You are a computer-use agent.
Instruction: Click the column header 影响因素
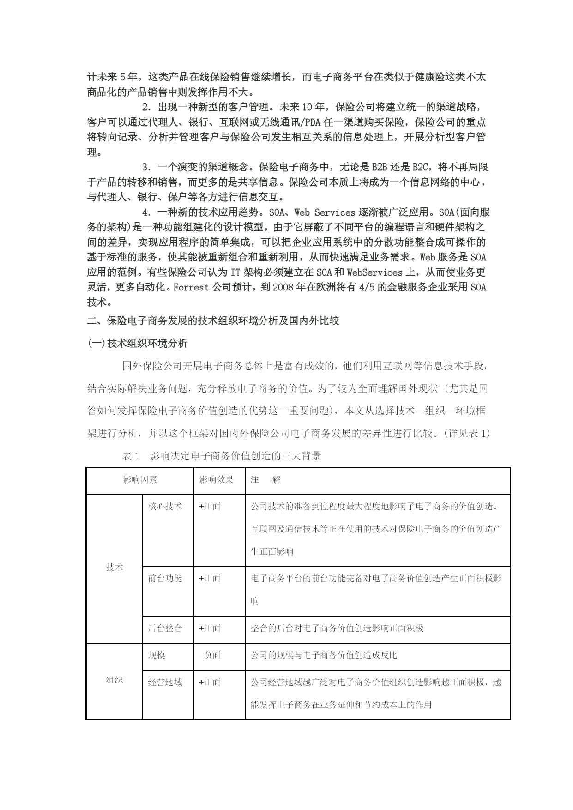pyautogui.click(x=140, y=480)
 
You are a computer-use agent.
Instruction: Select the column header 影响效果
pyautogui.click(x=216, y=480)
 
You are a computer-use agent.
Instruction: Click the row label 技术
pyautogui.click(x=115, y=568)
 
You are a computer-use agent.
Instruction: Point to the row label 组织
pyautogui.click(x=115, y=680)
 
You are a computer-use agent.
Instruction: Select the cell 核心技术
pyautogui.click(x=165, y=506)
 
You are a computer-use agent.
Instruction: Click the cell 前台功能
pyautogui.click(x=165, y=579)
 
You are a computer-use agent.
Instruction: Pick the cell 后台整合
pyautogui.click(x=165, y=628)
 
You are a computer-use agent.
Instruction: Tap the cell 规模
pyautogui.click(x=157, y=655)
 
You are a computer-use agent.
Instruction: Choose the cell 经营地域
pyautogui.click(x=165, y=682)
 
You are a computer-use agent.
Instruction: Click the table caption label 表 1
pyautogui.click(x=131, y=456)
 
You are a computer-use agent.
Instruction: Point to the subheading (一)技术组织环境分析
pyautogui.click(x=138, y=343)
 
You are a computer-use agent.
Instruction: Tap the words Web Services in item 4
pyautogui.click(x=325, y=212)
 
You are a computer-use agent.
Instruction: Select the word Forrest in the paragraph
pyautogui.click(x=191, y=287)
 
